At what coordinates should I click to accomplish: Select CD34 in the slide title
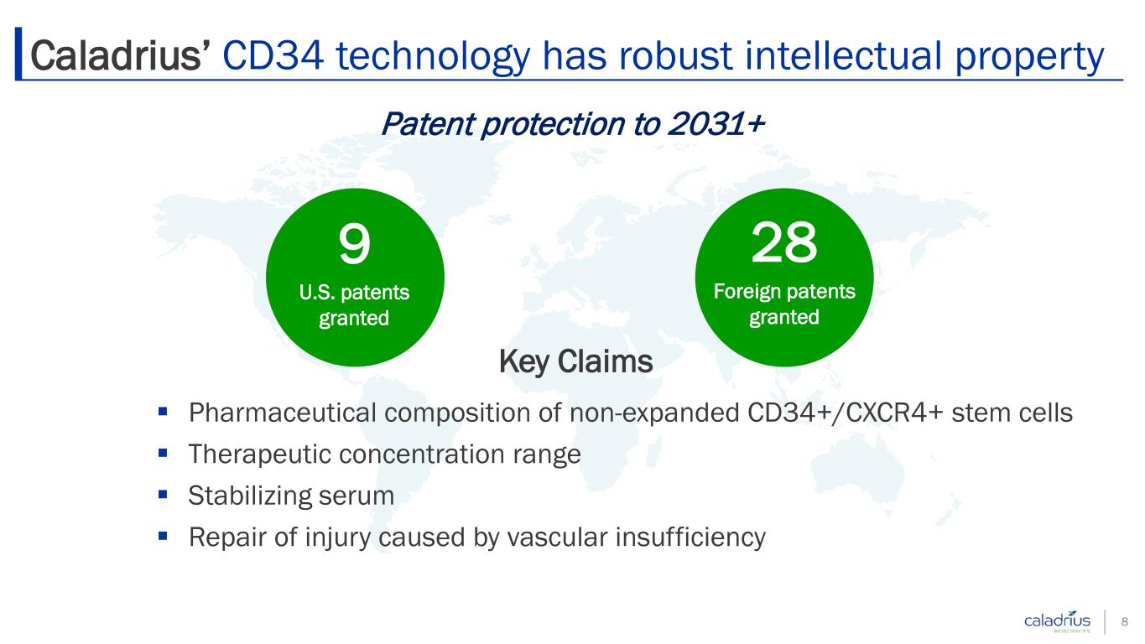point(273,55)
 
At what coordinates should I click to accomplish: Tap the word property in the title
point(1029,57)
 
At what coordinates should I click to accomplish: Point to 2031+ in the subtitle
point(716,124)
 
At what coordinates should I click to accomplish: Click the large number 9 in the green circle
point(354,244)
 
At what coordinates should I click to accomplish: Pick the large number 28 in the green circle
point(784,242)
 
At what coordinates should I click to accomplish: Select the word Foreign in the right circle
point(746,292)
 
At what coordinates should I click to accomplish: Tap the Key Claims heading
point(575,361)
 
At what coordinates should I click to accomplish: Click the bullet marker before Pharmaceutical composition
point(163,411)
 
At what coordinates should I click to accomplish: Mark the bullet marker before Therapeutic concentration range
point(163,452)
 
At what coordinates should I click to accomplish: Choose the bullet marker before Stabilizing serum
point(163,494)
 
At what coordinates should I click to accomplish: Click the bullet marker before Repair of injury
point(163,536)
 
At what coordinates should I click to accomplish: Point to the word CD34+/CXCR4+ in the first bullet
point(845,413)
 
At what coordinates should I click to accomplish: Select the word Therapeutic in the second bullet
point(259,454)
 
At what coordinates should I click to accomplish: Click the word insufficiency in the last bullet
point(690,538)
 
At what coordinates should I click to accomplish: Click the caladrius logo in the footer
point(1058,621)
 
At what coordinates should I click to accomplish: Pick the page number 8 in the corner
point(1125,621)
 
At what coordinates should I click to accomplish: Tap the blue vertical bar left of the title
point(18,54)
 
